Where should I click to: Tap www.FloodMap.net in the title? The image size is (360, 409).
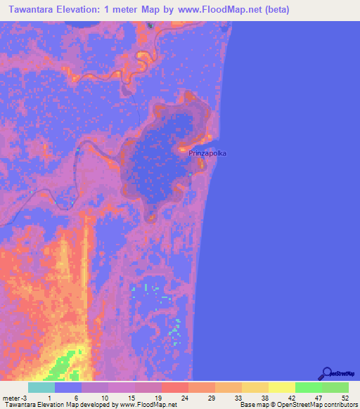click(x=217, y=11)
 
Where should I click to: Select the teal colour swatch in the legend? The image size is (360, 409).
click(x=41, y=387)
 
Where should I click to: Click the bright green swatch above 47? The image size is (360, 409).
click(x=309, y=387)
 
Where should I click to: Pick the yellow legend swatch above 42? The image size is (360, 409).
click(x=281, y=387)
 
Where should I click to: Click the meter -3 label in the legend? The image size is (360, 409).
click(x=15, y=397)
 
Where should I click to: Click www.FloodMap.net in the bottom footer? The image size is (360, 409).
click(x=147, y=405)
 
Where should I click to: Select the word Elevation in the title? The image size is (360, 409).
click(x=86, y=11)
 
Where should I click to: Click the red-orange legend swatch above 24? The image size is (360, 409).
click(x=174, y=387)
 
